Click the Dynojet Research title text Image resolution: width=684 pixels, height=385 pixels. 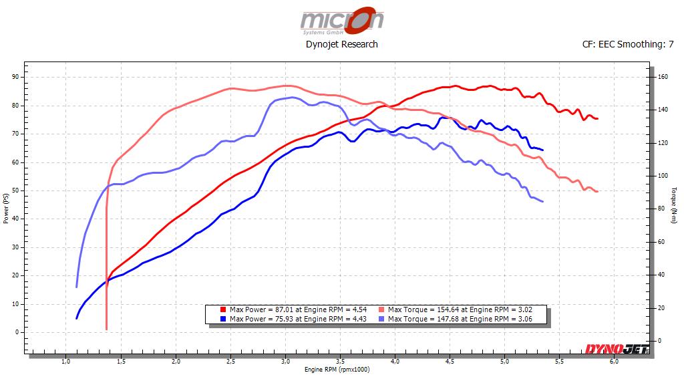(341, 44)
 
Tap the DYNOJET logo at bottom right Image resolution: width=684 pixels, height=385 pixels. (615, 349)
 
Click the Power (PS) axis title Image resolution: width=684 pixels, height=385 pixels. (6, 209)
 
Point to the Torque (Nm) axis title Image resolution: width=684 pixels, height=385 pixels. (677, 209)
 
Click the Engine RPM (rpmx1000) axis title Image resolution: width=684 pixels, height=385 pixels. (337, 369)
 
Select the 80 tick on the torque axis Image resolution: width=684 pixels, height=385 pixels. (661, 209)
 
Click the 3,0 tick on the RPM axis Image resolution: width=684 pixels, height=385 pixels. (286, 362)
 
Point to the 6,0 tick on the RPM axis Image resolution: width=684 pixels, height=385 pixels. (615, 362)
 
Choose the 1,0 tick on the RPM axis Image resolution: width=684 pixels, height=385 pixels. (66, 362)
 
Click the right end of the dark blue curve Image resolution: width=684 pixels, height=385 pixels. (542, 150)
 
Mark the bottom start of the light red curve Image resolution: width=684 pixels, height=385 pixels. (106, 328)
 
